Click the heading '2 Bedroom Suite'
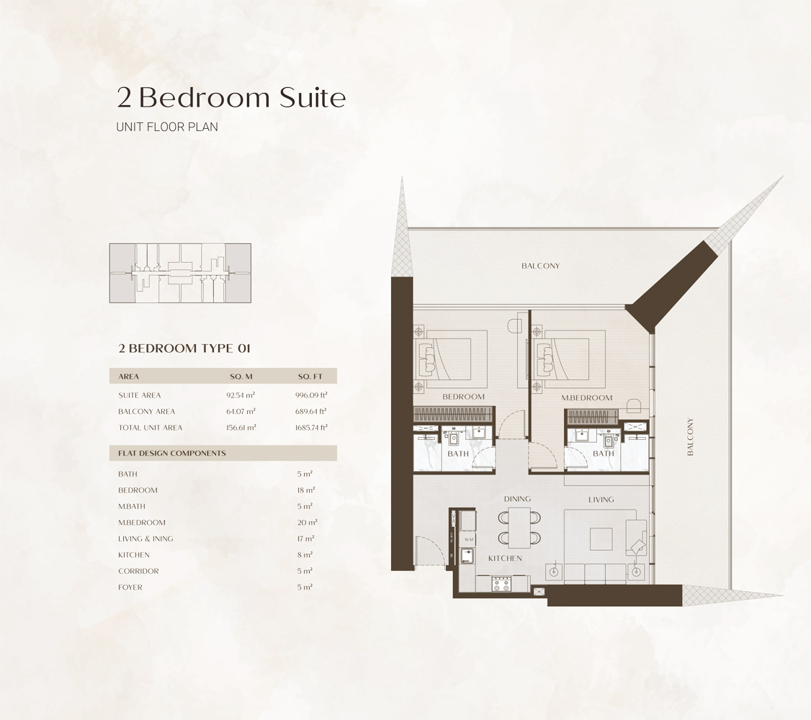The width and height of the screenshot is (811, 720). coord(231,98)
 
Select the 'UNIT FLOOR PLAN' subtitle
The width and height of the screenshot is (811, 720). coord(167,127)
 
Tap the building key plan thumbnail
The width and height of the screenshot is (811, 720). coord(180,273)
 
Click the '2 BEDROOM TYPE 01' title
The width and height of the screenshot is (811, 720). coord(184,348)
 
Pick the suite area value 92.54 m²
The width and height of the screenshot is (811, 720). coord(241,395)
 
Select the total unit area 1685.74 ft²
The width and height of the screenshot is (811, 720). coord(311,428)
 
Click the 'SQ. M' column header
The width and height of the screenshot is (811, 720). coord(241,377)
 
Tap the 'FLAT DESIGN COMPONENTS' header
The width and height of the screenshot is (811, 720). coord(172,454)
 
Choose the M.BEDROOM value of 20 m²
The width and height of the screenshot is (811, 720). coord(306,523)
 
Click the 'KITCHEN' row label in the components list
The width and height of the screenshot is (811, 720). coord(134,555)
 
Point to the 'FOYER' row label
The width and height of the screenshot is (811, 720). coord(130,588)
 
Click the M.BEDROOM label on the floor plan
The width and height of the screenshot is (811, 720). coord(586,397)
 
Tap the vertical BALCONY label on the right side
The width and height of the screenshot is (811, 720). coord(690,437)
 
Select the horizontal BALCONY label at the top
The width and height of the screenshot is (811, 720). coord(540,266)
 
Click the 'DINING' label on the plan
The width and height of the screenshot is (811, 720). coord(517,499)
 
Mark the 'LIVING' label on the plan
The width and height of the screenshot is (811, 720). coord(601,499)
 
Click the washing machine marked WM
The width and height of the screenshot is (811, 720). coord(468,539)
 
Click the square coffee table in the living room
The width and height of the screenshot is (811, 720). coord(601,539)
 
